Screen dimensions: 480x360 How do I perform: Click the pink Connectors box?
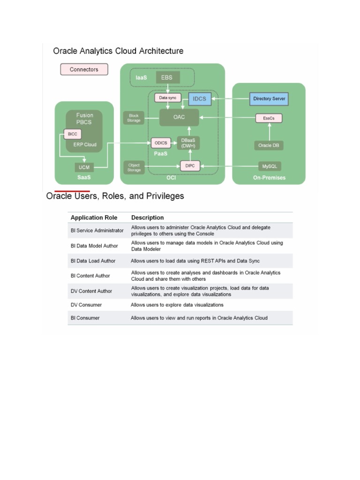pyautogui.click(x=84, y=69)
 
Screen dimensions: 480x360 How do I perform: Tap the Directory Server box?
pyautogui.click(x=269, y=99)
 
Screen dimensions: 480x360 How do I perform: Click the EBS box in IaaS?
pyautogui.click(x=168, y=77)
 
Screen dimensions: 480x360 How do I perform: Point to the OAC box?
pyautogui.click(x=179, y=117)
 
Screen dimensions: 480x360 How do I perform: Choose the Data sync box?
pyautogui.click(x=168, y=98)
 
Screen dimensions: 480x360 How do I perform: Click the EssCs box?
pyautogui.click(x=269, y=119)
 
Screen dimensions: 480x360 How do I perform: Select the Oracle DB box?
pyautogui.click(x=269, y=145)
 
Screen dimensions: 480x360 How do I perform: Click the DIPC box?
pyautogui.click(x=190, y=166)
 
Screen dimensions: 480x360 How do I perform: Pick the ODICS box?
pyautogui.click(x=161, y=142)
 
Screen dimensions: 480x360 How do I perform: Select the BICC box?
pyautogui.click(x=72, y=134)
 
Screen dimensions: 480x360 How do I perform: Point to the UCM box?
pyautogui.click(x=84, y=167)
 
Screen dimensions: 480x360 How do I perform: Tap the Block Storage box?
pyautogui.click(x=133, y=118)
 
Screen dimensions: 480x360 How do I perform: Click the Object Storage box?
pyautogui.click(x=134, y=167)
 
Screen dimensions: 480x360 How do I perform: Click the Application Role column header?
pyautogui.click(x=94, y=217)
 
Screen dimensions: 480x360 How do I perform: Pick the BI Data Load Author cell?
pyautogui.click(x=93, y=261)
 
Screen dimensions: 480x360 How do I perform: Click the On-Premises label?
pyautogui.click(x=269, y=178)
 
